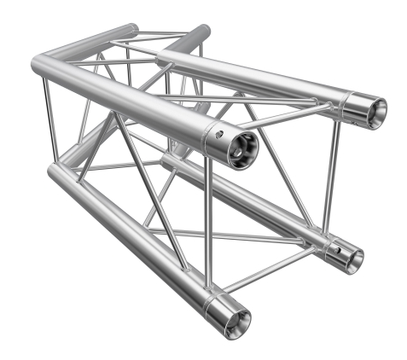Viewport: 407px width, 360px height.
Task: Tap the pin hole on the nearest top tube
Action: pos(219,134)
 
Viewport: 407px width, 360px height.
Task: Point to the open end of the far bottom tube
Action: pos(352,259)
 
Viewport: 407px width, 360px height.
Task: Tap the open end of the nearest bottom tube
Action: pos(236,319)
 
